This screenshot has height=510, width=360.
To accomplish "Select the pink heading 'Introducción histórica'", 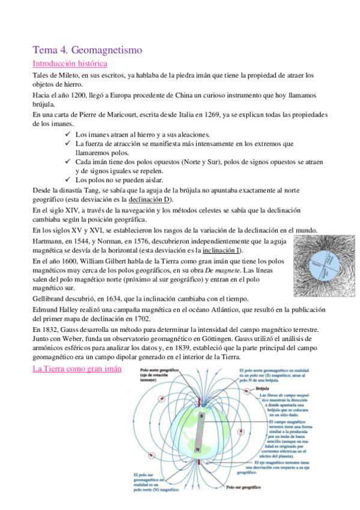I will pos(70,63).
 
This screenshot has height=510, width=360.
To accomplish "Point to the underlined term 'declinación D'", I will pos(149,200).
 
